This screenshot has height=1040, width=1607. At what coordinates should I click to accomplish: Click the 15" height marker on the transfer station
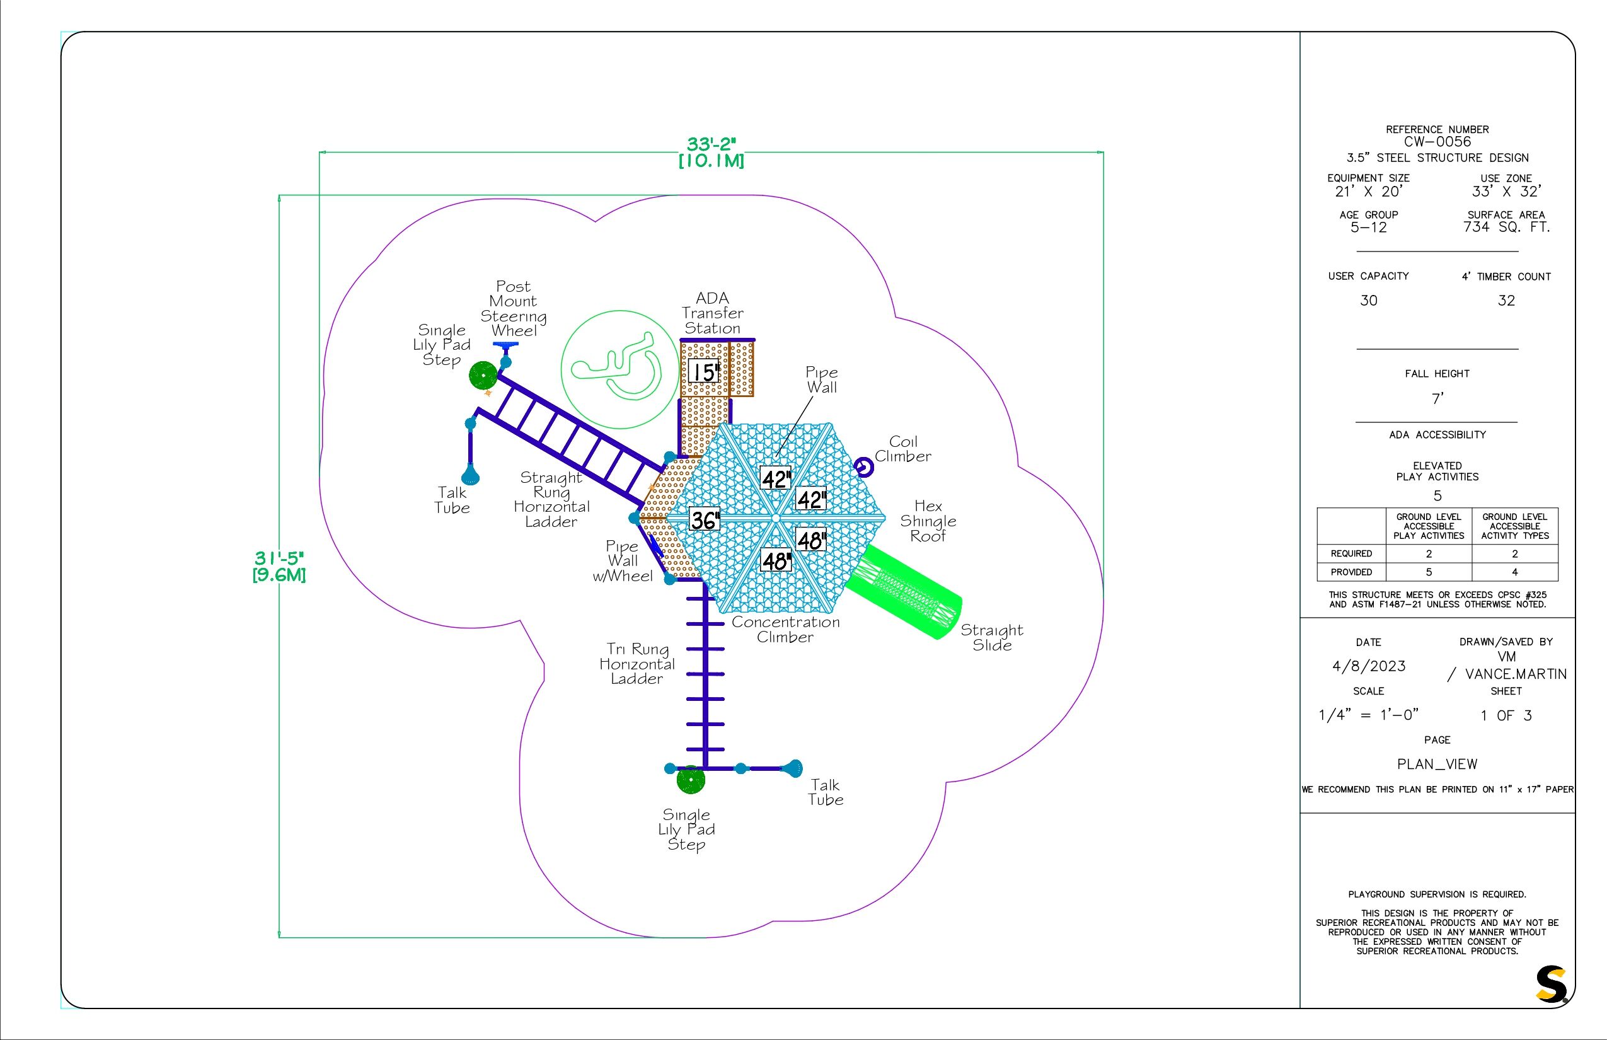[703, 372]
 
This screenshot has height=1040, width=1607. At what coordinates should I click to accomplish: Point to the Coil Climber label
[902, 449]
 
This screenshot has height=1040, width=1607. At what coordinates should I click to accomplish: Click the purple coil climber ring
[863, 466]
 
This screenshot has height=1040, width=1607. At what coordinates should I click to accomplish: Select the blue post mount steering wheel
[505, 346]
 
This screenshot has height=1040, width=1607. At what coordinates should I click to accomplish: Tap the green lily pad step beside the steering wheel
[483, 375]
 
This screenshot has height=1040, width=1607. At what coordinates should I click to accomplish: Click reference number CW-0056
[1437, 142]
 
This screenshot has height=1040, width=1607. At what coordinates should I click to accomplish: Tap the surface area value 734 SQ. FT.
[1506, 228]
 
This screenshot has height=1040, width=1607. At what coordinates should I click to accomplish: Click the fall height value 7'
[1437, 399]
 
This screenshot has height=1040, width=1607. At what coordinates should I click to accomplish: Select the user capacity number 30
[1368, 301]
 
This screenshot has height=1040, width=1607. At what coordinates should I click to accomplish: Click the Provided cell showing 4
[1514, 572]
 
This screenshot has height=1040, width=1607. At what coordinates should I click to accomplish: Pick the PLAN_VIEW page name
[1437, 765]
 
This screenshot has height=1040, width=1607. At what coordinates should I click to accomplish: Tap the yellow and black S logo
[1551, 985]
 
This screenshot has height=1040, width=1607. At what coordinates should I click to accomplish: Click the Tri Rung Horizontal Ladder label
[636, 664]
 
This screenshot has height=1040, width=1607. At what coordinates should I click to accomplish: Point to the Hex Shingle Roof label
[928, 521]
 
